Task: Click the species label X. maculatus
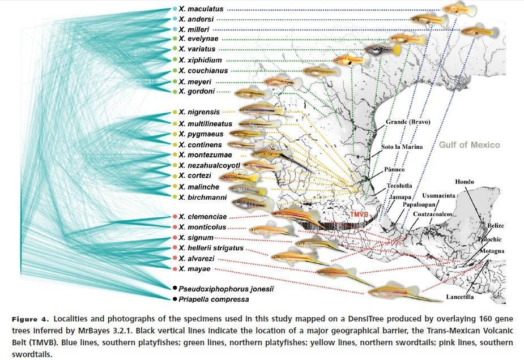pos(201,9)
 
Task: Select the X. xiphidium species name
pos(200,60)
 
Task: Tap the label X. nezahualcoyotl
pos(209,165)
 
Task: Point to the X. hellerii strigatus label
pos(211,248)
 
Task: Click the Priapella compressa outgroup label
pos(214,299)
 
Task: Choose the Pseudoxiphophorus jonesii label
pos(226,289)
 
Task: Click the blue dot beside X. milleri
pos(174,29)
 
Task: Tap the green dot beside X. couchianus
pos(174,71)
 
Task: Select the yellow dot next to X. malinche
pos(174,186)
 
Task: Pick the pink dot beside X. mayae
pos(174,269)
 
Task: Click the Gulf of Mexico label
pos(469,145)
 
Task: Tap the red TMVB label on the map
pos(359,215)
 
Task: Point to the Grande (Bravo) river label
pos(408,122)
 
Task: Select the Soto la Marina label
pos(402,147)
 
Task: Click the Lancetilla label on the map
pos(460,297)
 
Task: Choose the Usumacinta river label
pos(438,195)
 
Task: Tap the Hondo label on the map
pos(465,182)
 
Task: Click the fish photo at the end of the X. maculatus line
pos(459,10)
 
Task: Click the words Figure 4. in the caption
pos(31,319)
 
